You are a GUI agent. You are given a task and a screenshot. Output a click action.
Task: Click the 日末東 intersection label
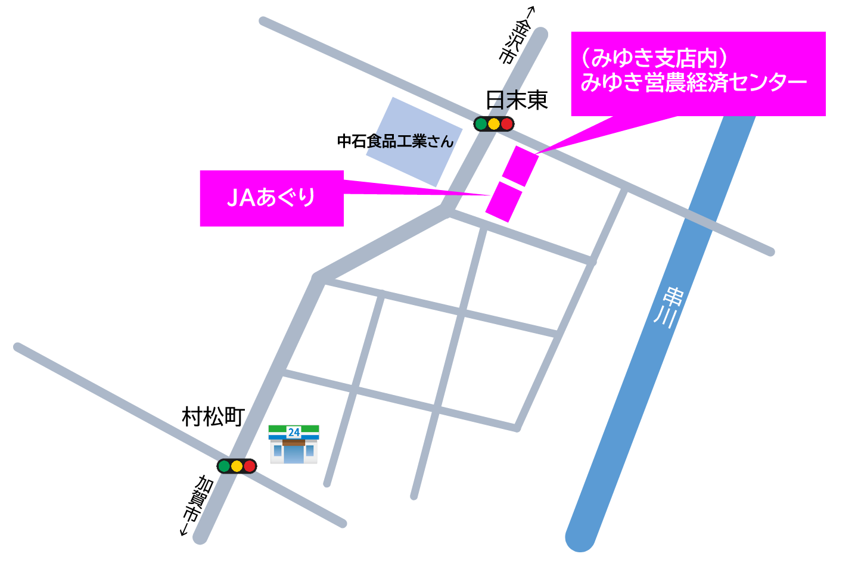click(517, 100)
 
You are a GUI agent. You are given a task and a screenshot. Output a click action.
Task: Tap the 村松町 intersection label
click(213, 417)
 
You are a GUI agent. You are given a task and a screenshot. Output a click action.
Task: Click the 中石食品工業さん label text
click(395, 142)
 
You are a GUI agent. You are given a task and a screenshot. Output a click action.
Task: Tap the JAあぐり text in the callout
click(271, 198)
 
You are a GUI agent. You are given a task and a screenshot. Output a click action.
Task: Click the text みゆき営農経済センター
click(694, 82)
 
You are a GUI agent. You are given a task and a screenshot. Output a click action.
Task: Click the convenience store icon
click(294, 444)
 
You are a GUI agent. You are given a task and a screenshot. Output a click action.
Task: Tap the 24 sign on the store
click(294, 432)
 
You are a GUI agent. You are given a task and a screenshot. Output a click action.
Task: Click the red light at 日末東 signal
click(506, 124)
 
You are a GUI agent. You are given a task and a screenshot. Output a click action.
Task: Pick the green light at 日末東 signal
click(481, 124)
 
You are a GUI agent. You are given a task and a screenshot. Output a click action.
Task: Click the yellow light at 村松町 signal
click(237, 466)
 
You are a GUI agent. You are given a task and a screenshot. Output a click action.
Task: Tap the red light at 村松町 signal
click(249, 466)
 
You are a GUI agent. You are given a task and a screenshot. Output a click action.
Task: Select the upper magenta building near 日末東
click(520, 166)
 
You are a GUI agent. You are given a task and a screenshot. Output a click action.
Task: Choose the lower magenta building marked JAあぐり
click(504, 202)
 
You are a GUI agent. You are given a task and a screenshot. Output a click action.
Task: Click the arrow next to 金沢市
click(530, 12)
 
